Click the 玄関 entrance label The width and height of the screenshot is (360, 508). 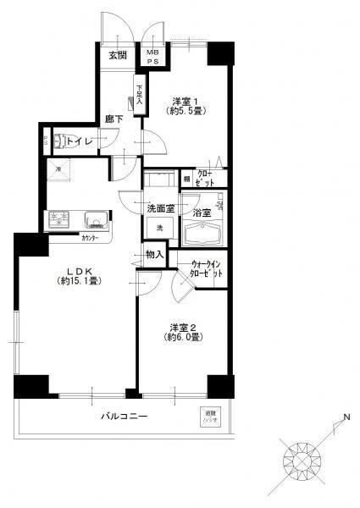[x=116, y=57]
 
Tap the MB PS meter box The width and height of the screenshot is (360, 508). [x=154, y=56]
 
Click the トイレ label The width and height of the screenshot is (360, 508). [x=80, y=141]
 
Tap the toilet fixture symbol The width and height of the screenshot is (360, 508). [x=58, y=141]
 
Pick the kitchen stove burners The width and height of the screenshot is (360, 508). [x=61, y=221]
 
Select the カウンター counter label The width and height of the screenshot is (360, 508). [x=90, y=238]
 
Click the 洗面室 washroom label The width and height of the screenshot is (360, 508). [x=159, y=207]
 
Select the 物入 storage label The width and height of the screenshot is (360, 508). [x=154, y=253]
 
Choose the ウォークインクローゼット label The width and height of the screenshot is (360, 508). [x=203, y=268]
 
